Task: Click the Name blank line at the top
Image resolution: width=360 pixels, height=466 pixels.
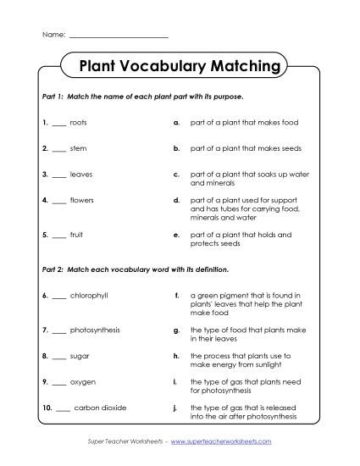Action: point(117,37)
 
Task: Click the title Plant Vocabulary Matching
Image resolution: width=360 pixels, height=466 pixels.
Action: point(179,65)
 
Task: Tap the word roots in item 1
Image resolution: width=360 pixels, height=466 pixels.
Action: point(79,122)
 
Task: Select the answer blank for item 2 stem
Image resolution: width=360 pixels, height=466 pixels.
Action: point(58,148)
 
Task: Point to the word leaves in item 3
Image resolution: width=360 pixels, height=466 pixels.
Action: point(81,175)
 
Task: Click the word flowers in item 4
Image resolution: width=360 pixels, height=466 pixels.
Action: point(83,201)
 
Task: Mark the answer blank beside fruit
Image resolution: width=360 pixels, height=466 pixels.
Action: point(58,235)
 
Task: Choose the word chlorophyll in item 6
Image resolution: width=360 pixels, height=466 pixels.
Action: point(89,295)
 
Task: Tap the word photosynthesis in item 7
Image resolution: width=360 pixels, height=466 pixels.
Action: point(96,329)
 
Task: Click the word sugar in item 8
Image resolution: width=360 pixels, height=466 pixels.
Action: point(80,356)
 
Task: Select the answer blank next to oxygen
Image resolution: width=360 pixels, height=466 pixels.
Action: point(58,382)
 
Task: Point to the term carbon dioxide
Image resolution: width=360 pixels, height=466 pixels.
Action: point(100,408)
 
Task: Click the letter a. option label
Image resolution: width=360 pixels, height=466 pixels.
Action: point(175,122)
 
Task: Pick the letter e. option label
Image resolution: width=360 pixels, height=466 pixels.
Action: point(175,235)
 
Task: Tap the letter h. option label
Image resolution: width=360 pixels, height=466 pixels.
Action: point(175,356)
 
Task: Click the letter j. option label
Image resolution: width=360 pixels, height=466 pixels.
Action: point(175,408)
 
